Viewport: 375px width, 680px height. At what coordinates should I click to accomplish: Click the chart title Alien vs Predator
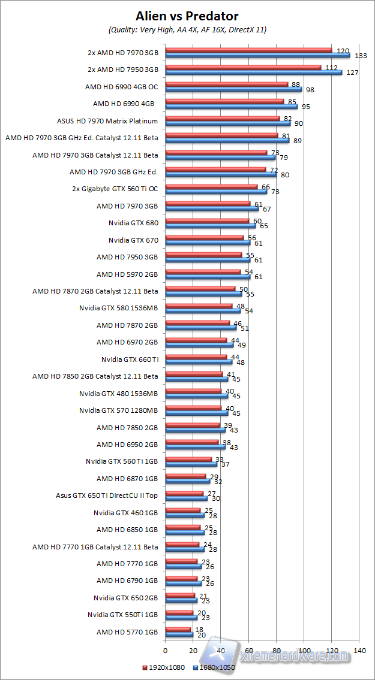point(187,15)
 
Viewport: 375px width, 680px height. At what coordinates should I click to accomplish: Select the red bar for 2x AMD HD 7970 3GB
point(248,50)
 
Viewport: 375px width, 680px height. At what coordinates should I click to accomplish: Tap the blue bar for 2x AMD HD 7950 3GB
point(253,72)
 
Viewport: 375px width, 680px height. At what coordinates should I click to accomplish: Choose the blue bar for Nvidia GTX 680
point(210,226)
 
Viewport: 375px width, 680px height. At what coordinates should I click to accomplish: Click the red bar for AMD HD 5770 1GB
point(178,629)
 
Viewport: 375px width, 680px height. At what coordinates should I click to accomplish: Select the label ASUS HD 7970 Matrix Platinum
point(107,120)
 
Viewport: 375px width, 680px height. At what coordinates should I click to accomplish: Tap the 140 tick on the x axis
point(360,650)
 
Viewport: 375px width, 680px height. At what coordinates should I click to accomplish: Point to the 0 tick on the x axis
point(165,650)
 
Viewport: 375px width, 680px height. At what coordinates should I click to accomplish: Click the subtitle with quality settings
point(187,29)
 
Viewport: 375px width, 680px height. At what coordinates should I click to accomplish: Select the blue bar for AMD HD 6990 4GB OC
point(233,89)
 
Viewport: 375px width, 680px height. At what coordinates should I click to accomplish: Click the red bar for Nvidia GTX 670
point(204,237)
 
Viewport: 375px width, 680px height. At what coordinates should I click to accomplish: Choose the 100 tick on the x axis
point(304,650)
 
